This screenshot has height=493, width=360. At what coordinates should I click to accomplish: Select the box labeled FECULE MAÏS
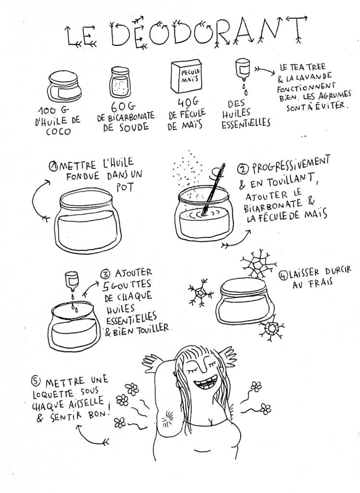click(x=187, y=77)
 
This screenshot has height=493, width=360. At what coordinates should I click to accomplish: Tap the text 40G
click(x=188, y=103)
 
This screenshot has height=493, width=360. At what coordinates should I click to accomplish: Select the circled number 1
click(x=52, y=166)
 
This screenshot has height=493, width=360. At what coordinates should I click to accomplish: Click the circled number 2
click(x=243, y=169)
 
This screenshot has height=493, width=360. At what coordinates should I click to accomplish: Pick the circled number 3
click(x=105, y=274)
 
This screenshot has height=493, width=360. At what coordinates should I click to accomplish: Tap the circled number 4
click(x=283, y=276)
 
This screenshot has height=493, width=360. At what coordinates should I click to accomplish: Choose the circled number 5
click(x=35, y=381)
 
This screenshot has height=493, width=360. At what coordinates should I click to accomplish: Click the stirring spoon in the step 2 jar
click(x=214, y=189)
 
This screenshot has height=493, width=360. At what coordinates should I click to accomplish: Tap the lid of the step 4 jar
click(x=243, y=286)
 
